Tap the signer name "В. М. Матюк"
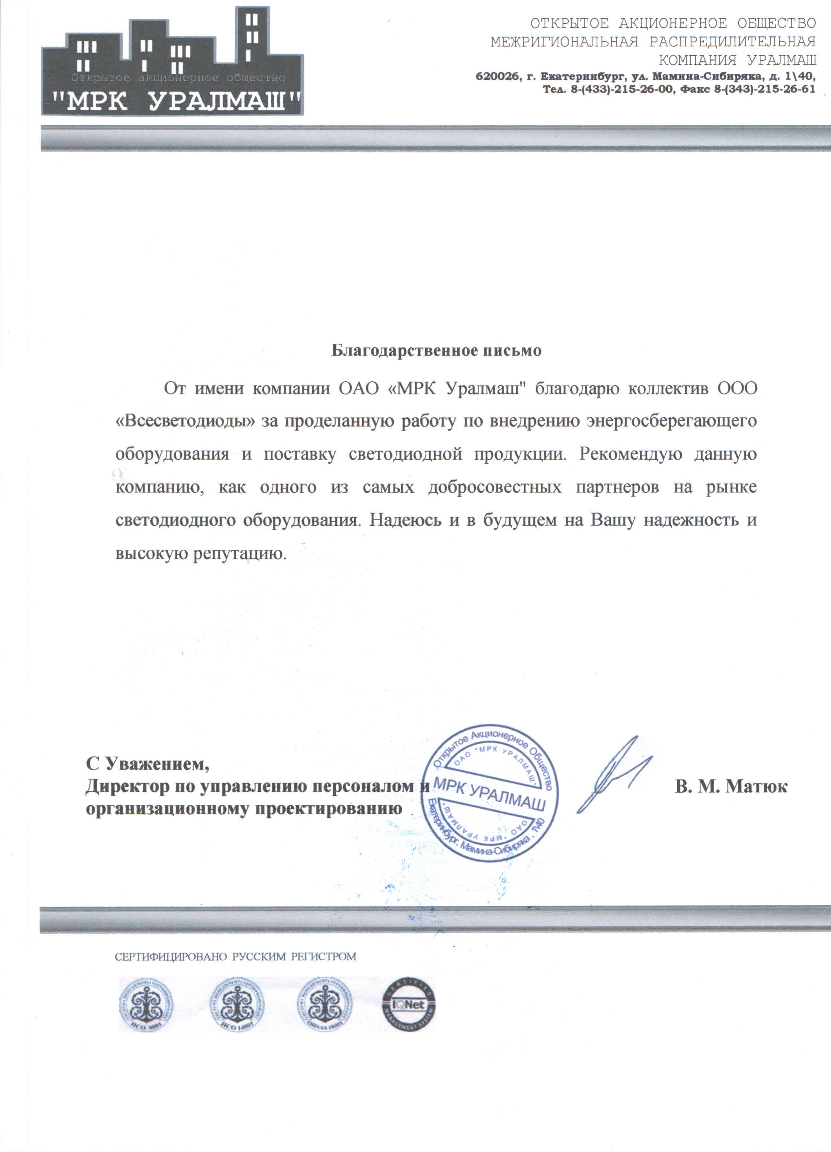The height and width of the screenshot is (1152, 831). point(731,786)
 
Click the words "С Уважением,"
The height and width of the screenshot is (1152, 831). point(147,763)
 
